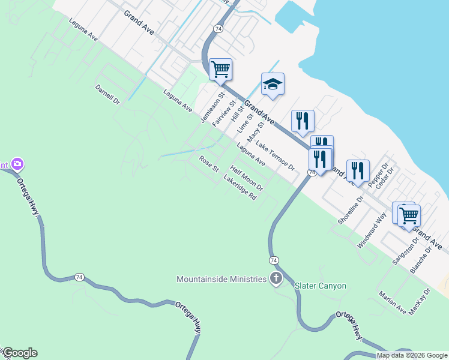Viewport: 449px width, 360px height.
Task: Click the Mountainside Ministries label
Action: click(221, 279)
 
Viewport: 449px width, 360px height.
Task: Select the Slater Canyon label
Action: click(321, 286)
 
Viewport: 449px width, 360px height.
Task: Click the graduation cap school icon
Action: click(273, 85)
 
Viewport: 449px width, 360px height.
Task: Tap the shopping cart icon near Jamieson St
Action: click(220, 69)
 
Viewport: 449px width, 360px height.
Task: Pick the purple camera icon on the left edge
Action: click(17, 164)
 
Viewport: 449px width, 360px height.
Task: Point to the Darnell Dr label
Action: click(107, 94)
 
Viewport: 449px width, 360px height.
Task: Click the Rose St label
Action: click(209, 164)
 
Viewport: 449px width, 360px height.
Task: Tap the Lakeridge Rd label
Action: click(240, 188)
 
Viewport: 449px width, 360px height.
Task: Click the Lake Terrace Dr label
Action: click(276, 155)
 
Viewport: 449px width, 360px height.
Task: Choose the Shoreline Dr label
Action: click(351, 209)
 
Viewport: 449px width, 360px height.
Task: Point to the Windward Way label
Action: click(372, 230)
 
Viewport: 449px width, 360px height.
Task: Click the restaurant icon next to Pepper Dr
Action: click(358, 170)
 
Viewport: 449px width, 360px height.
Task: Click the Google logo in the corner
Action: click(20, 353)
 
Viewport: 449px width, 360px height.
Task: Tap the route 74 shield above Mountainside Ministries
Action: click(274, 260)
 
